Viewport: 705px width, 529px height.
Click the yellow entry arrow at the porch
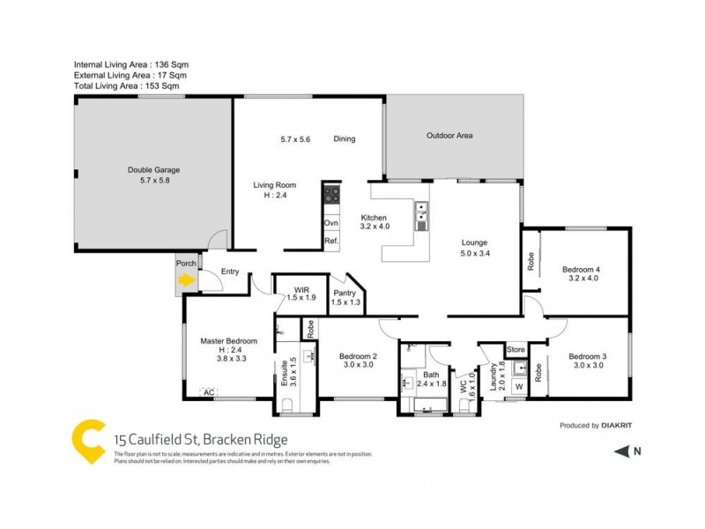186,281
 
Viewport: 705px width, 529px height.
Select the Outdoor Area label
449,136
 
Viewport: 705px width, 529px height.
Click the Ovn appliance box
331,223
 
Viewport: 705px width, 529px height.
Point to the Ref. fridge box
331,241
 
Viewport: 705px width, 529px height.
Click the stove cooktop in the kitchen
331,197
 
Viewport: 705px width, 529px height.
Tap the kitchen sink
422,212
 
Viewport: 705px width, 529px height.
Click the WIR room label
301,288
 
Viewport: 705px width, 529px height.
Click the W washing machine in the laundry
519,385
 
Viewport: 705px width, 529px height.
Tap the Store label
516,350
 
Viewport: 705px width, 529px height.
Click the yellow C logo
87,440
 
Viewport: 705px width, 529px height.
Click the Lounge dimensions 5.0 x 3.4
475,254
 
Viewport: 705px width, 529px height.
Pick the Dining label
345,139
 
